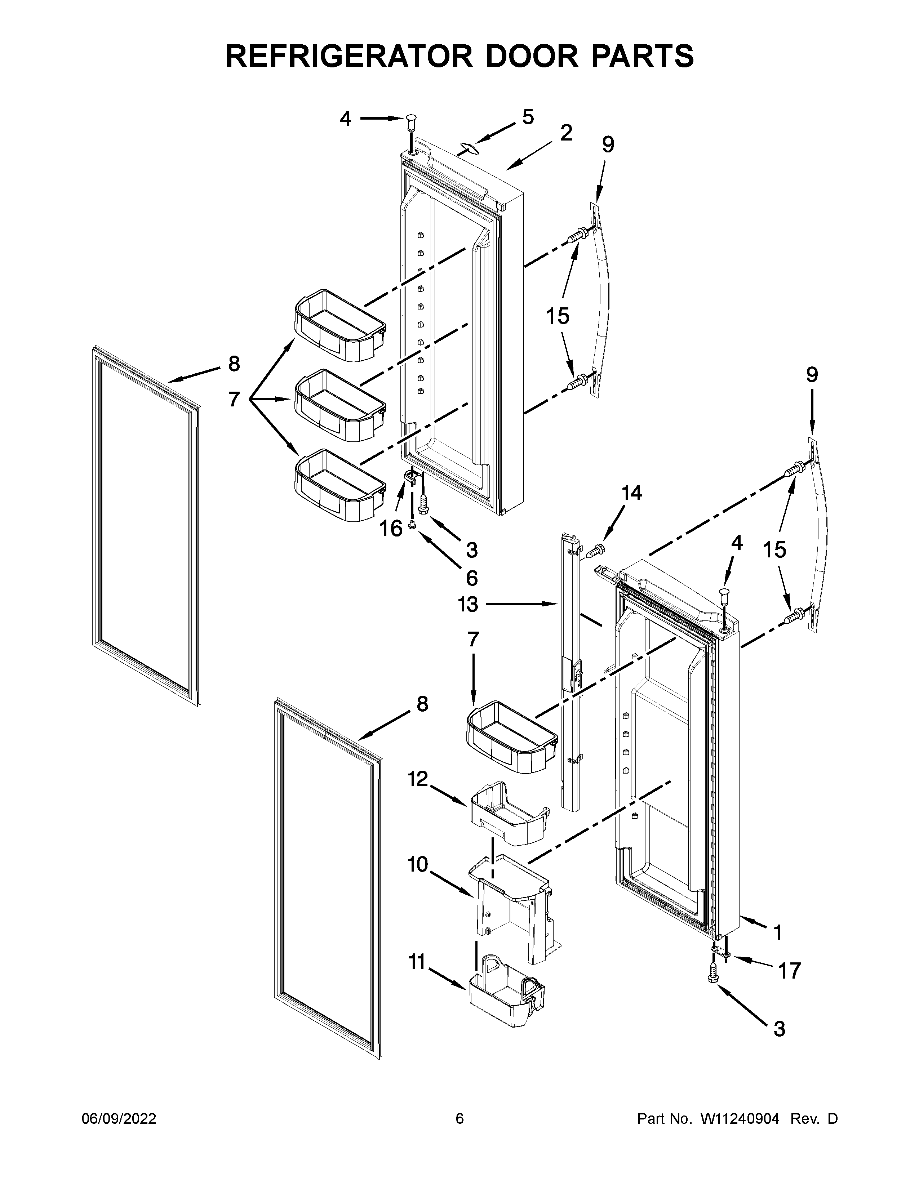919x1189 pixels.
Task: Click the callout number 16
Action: pos(391,528)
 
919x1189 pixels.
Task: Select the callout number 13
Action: pos(468,604)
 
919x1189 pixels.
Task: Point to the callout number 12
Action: pos(418,779)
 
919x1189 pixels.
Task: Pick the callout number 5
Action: pos(528,117)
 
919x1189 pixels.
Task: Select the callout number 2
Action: pos(566,133)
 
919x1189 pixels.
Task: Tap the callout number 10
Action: pos(418,864)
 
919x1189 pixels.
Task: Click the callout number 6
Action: pos(471,577)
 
